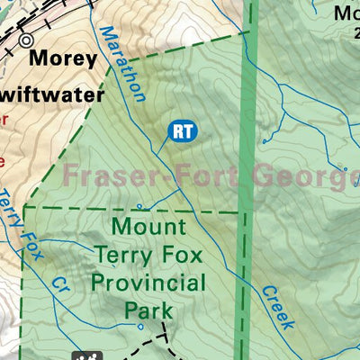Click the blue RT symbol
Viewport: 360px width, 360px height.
pos(182,130)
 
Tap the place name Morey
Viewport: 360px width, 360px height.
pos(62,58)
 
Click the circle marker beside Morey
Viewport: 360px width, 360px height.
pos(26,40)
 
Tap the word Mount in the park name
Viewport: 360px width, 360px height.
pos(148,227)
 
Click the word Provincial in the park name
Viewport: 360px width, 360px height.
pos(148,284)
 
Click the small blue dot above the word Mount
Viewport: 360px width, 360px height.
pos(139,206)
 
